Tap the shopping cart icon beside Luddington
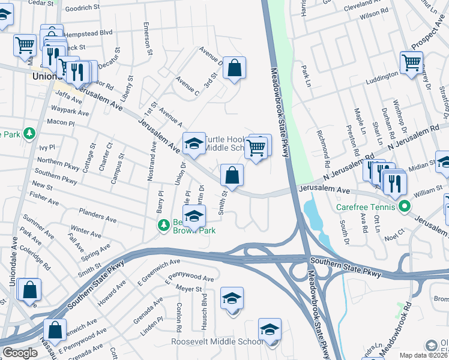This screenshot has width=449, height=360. (411, 62)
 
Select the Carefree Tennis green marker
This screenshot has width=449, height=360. (405, 207)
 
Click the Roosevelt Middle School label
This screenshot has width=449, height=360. (217, 341)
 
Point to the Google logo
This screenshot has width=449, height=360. (19, 353)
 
